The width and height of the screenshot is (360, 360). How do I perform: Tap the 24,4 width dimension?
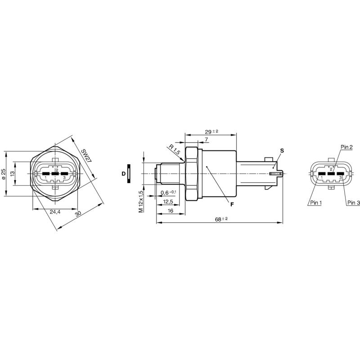[x=55, y=212]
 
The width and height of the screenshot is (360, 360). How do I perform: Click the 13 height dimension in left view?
[x=13, y=173]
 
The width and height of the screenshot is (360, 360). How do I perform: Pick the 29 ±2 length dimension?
[x=211, y=131]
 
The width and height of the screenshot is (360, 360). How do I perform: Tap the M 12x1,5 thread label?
[x=141, y=201]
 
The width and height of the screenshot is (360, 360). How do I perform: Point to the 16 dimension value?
[x=171, y=211]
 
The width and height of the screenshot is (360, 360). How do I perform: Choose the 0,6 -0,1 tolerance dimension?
[x=168, y=193]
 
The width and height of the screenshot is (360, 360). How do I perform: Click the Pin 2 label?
[x=346, y=147]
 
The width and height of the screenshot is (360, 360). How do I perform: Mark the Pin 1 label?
[x=315, y=203]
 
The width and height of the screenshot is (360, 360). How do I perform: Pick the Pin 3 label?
[x=353, y=203]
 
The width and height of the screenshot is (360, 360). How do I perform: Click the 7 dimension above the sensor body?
[x=206, y=140]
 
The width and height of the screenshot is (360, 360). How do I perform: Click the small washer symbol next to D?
[x=129, y=174]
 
